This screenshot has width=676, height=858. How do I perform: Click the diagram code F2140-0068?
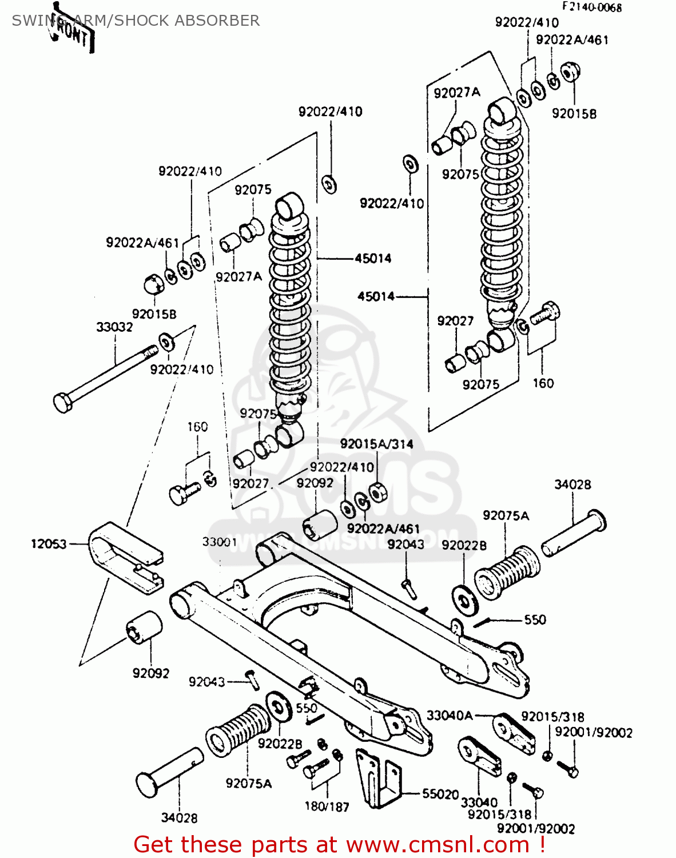591,7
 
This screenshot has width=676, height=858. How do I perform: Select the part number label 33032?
114,327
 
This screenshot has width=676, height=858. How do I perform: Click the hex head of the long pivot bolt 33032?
62,402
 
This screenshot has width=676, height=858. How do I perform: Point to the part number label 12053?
49,544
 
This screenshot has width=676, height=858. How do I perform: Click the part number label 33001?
219,541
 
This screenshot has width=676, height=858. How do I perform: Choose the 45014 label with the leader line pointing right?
376,296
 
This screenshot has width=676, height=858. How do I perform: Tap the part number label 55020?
440,794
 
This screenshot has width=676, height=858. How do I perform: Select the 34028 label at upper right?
572,484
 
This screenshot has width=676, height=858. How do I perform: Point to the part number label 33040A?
450,716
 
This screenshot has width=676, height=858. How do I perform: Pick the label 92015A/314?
376,444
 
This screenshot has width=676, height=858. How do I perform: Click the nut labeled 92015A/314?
377,491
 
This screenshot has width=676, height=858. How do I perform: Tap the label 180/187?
327,807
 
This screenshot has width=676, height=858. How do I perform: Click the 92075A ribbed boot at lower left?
238,729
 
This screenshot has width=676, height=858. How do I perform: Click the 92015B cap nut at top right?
570,73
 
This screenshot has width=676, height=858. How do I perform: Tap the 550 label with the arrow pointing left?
535,619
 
